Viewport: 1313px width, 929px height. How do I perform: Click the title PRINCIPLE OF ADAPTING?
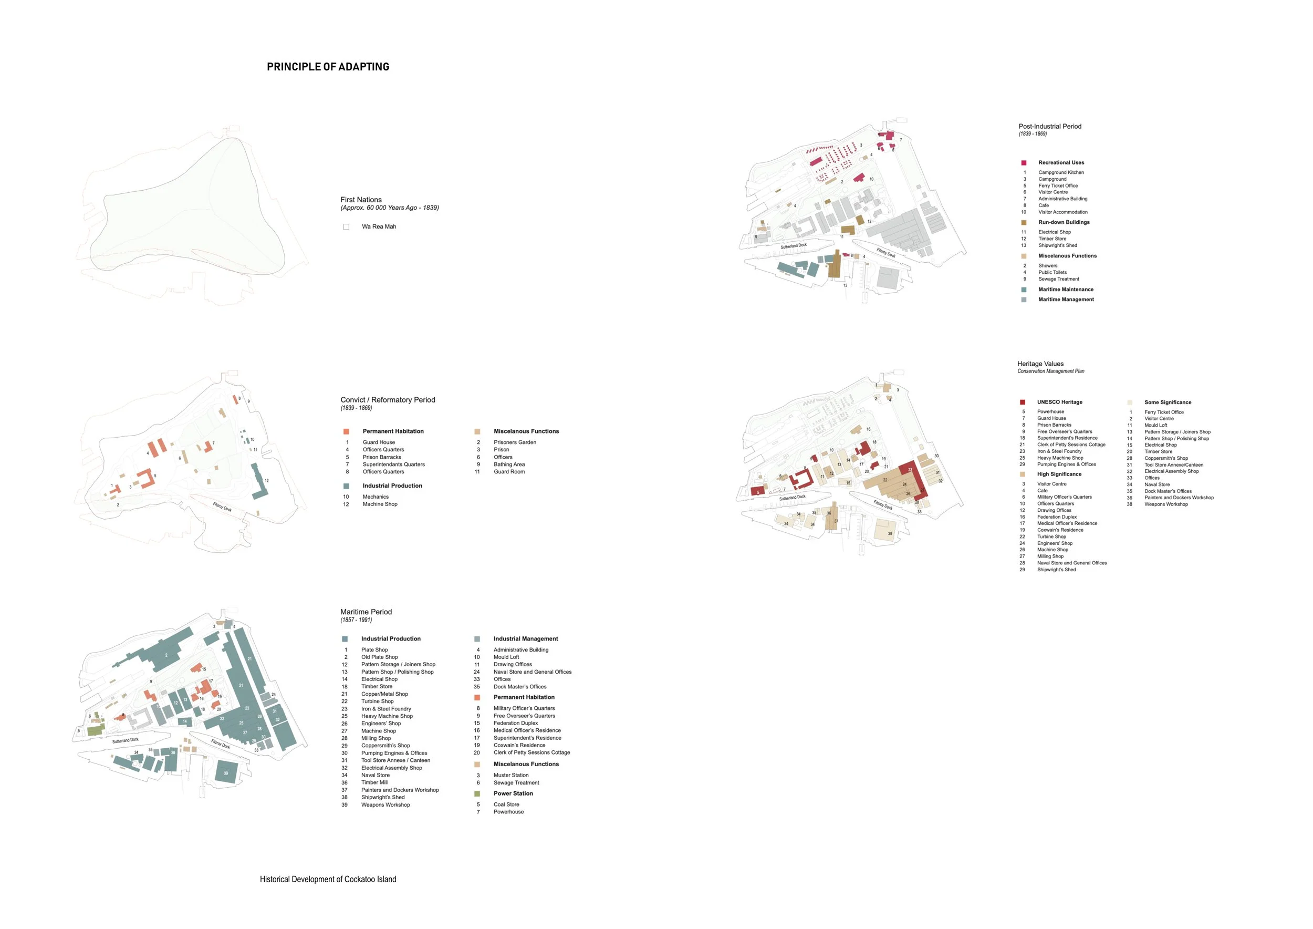point(328,67)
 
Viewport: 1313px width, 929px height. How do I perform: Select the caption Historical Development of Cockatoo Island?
point(328,879)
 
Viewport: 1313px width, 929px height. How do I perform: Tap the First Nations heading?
point(361,200)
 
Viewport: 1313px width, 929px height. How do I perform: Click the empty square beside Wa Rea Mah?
point(346,227)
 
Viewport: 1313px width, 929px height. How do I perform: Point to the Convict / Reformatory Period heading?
point(388,400)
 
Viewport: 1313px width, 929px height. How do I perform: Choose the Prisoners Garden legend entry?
point(515,442)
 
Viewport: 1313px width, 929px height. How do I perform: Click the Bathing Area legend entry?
point(509,464)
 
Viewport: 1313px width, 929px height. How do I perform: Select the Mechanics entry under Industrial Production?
point(375,497)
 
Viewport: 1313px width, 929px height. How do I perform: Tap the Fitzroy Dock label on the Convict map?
point(222,507)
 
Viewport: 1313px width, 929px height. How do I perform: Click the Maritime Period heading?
point(366,612)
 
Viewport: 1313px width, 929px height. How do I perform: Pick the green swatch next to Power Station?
point(477,794)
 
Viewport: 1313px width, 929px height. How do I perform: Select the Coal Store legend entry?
point(506,804)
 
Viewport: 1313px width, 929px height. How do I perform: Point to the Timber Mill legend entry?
point(374,782)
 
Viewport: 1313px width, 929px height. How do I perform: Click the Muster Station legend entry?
point(510,775)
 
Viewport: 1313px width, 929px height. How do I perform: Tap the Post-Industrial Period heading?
point(1049,127)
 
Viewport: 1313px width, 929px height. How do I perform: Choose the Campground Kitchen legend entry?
point(1061,172)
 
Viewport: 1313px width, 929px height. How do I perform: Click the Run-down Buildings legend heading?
point(1064,222)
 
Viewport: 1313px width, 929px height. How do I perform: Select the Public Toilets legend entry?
point(1052,272)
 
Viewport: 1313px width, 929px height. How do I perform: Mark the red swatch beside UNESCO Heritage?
point(1023,402)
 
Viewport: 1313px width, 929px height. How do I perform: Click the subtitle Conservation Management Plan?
point(1050,371)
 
